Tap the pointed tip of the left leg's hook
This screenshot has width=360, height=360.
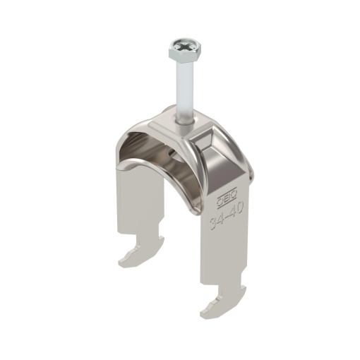122,263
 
